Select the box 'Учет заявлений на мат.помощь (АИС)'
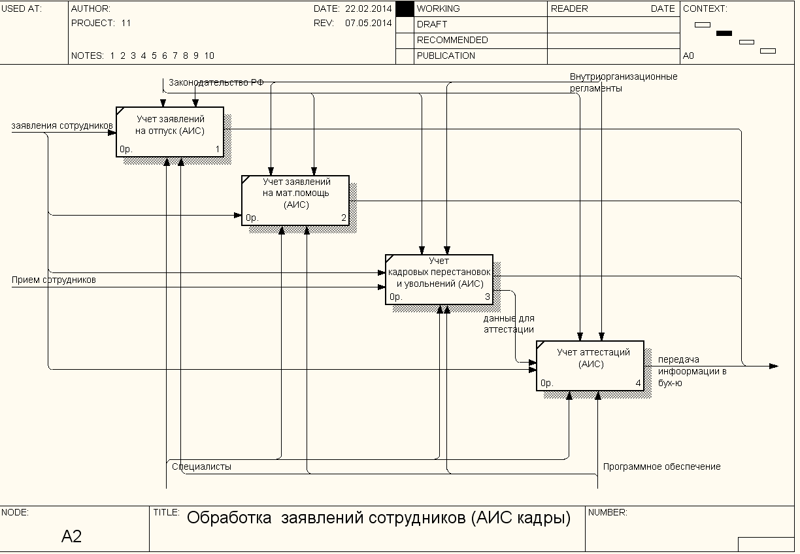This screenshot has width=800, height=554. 295,200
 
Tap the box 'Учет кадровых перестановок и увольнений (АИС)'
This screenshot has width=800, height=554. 439,279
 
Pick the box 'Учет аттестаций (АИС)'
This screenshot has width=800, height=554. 590,365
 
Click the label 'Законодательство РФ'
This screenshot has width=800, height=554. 216,83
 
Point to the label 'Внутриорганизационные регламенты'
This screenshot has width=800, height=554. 623,82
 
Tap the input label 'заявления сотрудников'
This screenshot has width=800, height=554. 62,125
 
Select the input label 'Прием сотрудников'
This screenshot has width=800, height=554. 54,280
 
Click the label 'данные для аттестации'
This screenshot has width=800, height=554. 508,324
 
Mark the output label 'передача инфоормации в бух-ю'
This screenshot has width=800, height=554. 692,371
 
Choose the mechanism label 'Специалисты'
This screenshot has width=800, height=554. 201,466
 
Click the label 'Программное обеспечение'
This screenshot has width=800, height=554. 661,466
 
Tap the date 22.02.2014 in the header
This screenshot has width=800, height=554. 369,8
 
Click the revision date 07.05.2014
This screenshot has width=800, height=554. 369,23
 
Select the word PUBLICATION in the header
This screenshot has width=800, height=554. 446,56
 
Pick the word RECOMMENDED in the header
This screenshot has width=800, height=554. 452,40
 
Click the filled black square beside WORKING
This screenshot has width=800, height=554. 405,8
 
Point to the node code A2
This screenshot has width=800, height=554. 72,536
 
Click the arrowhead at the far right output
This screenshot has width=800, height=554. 774,366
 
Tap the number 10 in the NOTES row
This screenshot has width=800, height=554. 209,56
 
